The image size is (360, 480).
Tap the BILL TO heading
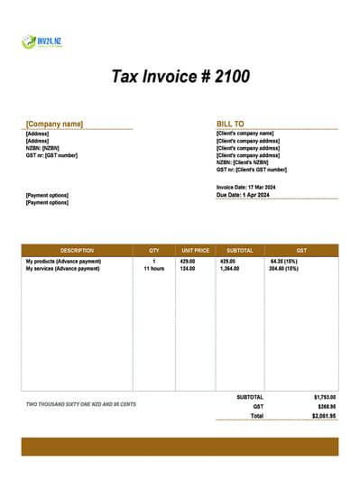click(x=231, y=124)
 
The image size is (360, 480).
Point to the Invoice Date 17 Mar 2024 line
click(x=246, y=186)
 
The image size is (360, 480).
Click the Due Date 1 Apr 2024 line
click(x=245, y=194)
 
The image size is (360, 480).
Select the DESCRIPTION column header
click(x=77, y=250)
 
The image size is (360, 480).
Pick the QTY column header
click(x=153, y=250)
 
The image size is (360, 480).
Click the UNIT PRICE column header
click(x=195, y=250)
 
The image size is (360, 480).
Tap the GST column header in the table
click(x=300, y=250)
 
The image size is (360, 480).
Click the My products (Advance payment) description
click(x=63, y=262)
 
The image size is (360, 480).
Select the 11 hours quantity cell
click(x=153, y=269)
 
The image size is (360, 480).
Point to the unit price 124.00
click(x=188, y=269)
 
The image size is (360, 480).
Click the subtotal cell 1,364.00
click(x=229, y=269)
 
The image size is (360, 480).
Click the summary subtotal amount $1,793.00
click(x=324, y=397)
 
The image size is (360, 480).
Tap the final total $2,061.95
click(x=324, y=416)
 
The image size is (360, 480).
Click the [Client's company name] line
click(x=245, y=133)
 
